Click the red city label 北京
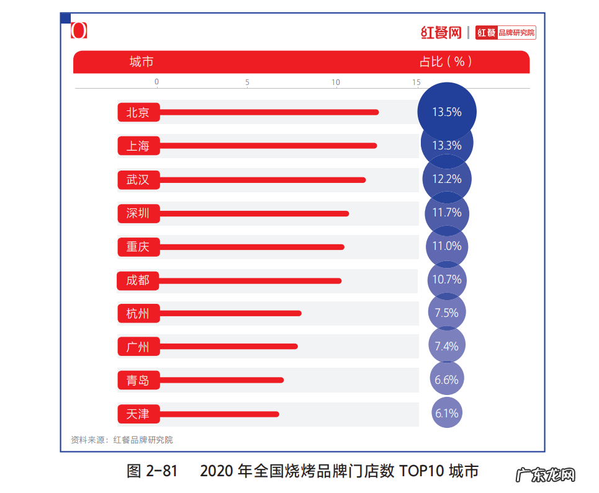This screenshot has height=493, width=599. coord(138,112)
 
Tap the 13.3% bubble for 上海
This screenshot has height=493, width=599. coord(447,146)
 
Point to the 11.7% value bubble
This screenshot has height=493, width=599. coord(447,213)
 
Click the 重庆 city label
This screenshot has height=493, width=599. coord(138,247)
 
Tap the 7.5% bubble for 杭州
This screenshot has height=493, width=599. coord(447,313)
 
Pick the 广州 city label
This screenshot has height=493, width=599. coord(138,347)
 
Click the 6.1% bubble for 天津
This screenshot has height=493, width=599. coord(447,413)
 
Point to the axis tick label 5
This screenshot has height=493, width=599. coord(247,82)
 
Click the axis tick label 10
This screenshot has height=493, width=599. coord(336,82)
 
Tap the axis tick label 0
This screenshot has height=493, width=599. coord(156,82)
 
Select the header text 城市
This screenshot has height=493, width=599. coord(142,62)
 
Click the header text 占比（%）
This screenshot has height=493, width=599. coord(446,62)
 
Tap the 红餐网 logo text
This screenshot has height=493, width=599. coord(441,32)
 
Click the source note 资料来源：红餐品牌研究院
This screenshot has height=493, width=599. coord(122,440)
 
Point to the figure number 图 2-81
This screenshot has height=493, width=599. coord(152,471)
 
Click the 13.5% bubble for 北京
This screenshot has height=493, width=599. coord(447,112)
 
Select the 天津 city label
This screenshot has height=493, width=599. coord(138,414)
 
